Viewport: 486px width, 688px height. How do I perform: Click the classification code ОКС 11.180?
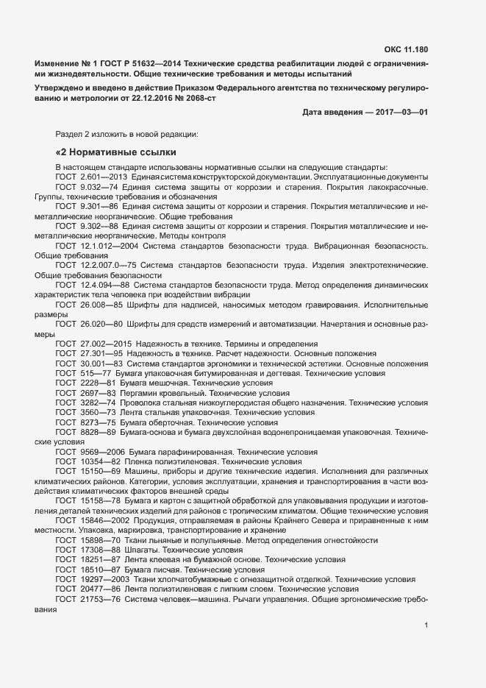[407, 50]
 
